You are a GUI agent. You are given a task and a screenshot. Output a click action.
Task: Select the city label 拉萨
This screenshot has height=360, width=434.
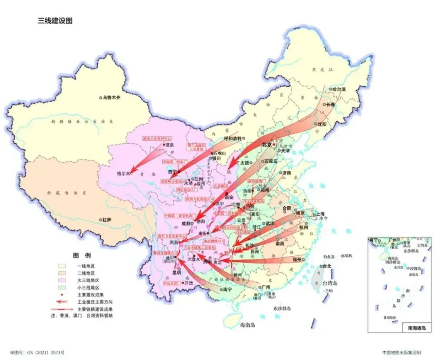106,220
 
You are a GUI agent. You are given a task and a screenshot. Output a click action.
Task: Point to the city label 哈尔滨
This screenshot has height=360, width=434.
339,89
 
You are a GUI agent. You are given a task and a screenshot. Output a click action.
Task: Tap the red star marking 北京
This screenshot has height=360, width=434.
274,145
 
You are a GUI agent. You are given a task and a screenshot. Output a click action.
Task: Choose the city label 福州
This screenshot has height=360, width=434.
297,259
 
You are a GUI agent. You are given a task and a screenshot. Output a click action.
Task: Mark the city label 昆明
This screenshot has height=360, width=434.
177,273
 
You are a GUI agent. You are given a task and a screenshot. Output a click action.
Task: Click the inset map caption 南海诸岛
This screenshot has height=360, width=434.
417,328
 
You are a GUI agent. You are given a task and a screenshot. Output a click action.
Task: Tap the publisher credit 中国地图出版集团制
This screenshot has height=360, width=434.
402,353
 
